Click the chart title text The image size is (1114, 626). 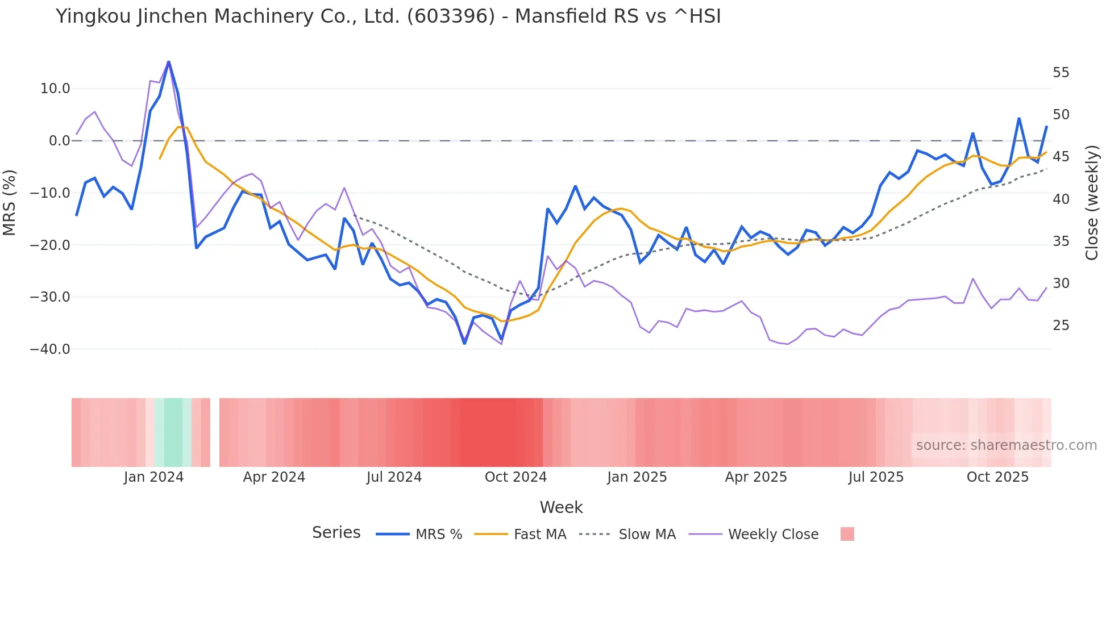[388, 16]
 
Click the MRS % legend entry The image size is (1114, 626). [438, 535]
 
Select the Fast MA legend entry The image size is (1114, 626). [539, 535]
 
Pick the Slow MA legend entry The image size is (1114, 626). [647, 535]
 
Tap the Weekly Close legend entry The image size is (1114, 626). [773, 535]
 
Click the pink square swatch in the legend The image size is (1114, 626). [847, 534]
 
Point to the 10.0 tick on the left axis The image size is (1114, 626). [55, 89]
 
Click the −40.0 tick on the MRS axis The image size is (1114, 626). [50, 349]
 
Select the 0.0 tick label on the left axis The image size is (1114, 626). [60, 141]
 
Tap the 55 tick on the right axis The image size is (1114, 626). [1061, 73]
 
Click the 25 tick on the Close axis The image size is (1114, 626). [1061, 325]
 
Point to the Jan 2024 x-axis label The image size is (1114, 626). [153, 477]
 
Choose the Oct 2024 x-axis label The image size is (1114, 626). [516, 477]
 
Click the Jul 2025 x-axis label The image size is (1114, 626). [876, 477]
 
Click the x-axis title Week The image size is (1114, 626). [561, 507]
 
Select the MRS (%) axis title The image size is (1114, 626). [10, 202]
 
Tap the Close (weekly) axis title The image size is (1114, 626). [1092, 202]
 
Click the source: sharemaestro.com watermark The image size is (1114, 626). [1006, 445]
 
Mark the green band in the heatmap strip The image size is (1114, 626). [173, 432]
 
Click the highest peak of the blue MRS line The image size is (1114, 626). [169, 61]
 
